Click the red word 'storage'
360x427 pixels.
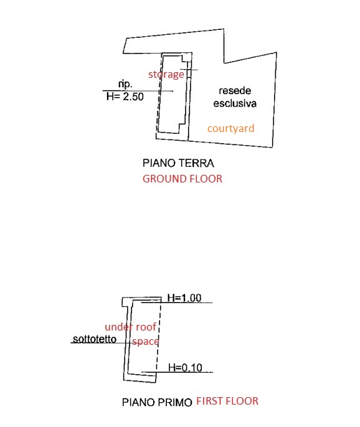coord(166,74)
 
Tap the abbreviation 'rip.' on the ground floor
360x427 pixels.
coord(125,84)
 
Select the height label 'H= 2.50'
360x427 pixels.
coord(125,96)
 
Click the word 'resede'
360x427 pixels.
coord(235,91)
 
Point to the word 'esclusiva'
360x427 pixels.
coord(235,103)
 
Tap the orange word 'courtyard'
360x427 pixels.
coord(231,128)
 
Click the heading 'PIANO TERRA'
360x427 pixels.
coord(178,163)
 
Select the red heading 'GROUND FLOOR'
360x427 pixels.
coord(182,179)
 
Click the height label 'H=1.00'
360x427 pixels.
coord(184,298)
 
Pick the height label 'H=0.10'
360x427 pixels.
coord(186,368)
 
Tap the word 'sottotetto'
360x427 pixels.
coord(95,339)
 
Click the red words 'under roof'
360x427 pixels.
coord(131,327)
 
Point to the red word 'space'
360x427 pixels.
coord(146,342)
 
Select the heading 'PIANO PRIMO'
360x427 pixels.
coord(157,402)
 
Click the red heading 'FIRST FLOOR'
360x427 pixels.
coord(227,401)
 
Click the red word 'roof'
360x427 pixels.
coord(146,327)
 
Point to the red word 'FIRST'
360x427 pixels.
coord(209,401)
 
